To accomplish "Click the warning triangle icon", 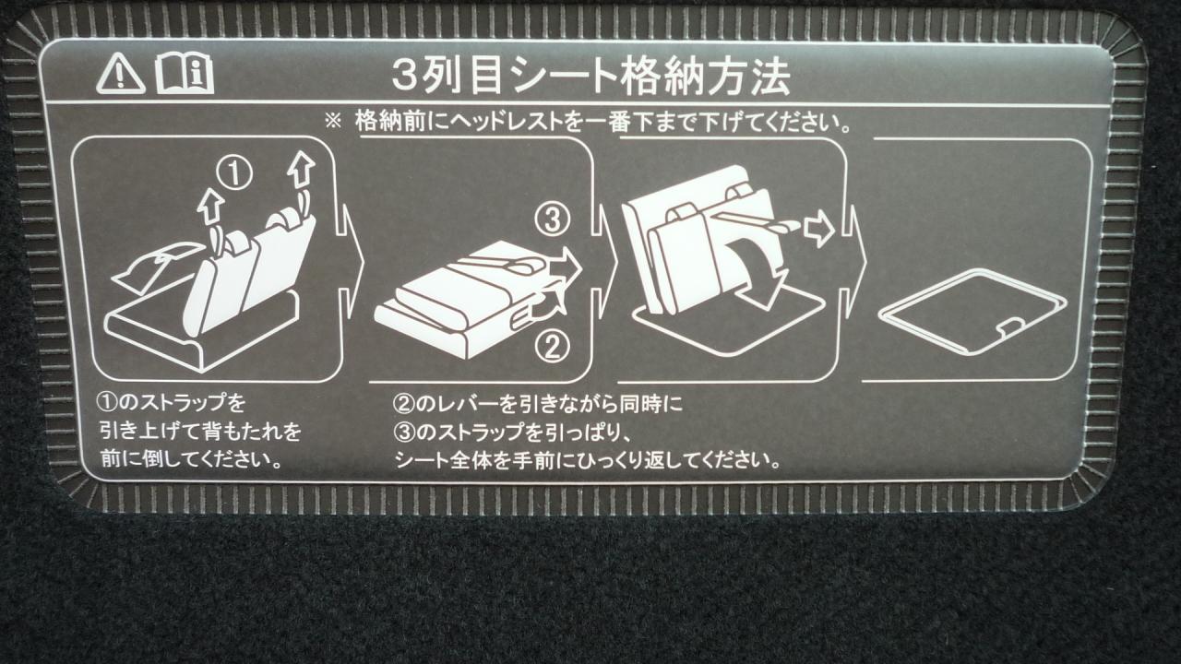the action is (121, 75).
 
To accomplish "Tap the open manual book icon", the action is (185, 76).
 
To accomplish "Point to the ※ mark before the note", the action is (333, 122).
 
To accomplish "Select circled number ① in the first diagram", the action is (234, 173).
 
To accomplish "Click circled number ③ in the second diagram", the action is (553, 219).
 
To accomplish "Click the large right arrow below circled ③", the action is (566, 267).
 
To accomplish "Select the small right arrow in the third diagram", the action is (817, 230).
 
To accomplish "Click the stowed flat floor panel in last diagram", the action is (972, 311).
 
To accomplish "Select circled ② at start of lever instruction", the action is (403, 404).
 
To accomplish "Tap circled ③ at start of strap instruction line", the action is (403, 433).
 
